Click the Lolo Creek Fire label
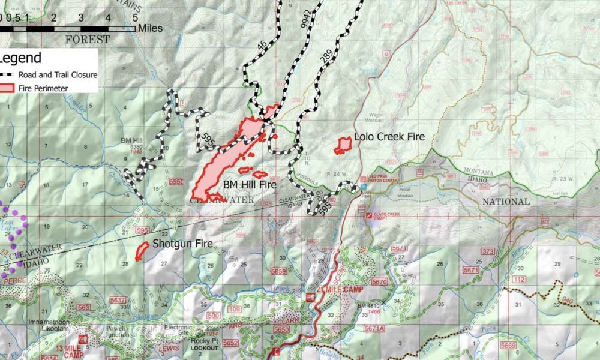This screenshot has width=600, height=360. [x=389, y=137]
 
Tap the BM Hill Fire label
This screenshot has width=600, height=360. [x=250, y=185]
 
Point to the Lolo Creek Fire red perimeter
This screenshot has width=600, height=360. [x=343, y=145]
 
